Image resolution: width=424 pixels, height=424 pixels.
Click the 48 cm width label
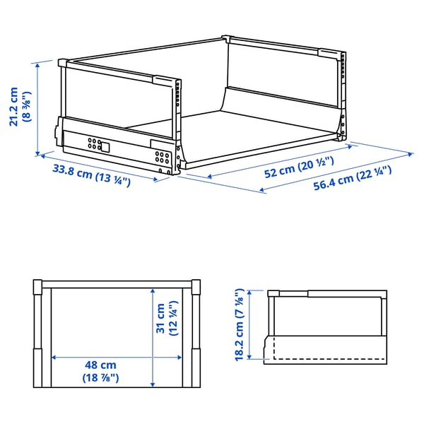click(x=100, y=365)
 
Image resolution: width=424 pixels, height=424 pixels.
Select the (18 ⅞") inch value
click(x=100, y=378)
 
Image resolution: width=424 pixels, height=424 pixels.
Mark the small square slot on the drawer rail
click(x=104, y=148)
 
